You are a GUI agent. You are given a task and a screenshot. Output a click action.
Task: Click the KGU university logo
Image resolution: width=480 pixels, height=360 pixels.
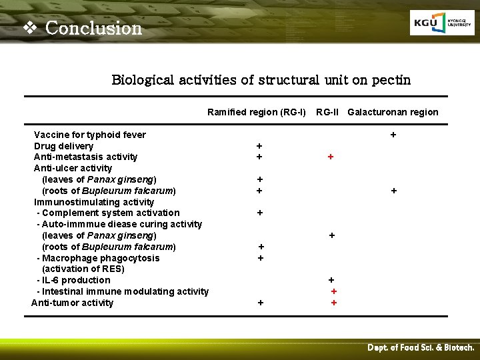442,24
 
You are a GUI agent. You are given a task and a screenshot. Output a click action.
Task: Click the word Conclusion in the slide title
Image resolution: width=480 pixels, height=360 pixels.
94,28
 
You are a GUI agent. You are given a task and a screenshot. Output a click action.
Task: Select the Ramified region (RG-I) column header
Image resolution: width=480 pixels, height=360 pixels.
256,112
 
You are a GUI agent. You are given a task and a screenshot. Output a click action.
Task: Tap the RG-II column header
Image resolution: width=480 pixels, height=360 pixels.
327,112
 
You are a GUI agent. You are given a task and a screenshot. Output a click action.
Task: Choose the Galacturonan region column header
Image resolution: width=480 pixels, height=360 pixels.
393,112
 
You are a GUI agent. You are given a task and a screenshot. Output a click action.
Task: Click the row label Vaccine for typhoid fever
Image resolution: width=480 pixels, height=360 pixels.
90,135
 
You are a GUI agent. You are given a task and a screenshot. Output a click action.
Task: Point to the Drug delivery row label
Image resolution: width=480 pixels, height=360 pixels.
63,146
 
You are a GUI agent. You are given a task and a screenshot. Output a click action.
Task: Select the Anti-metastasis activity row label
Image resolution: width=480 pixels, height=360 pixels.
85,157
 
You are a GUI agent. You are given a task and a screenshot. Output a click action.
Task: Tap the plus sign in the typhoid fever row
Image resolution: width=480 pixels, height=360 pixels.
393,135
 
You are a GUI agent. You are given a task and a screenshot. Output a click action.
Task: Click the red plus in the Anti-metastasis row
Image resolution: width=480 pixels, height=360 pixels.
330,157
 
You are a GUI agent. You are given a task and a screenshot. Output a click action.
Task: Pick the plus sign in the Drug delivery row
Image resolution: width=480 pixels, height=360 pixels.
259,146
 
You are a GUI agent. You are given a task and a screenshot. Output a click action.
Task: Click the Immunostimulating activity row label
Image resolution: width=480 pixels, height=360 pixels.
94,202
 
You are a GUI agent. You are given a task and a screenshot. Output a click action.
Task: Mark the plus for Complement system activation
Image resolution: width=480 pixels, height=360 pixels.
259,213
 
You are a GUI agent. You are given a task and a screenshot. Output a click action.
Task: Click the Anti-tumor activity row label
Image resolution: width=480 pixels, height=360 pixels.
73,303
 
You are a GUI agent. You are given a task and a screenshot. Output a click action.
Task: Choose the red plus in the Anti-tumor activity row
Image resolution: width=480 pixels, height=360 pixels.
334,303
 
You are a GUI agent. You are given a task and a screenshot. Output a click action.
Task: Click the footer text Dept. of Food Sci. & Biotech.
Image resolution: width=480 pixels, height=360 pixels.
421,348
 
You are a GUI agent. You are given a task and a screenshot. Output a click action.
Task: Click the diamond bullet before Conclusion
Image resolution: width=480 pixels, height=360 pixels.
28,28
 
